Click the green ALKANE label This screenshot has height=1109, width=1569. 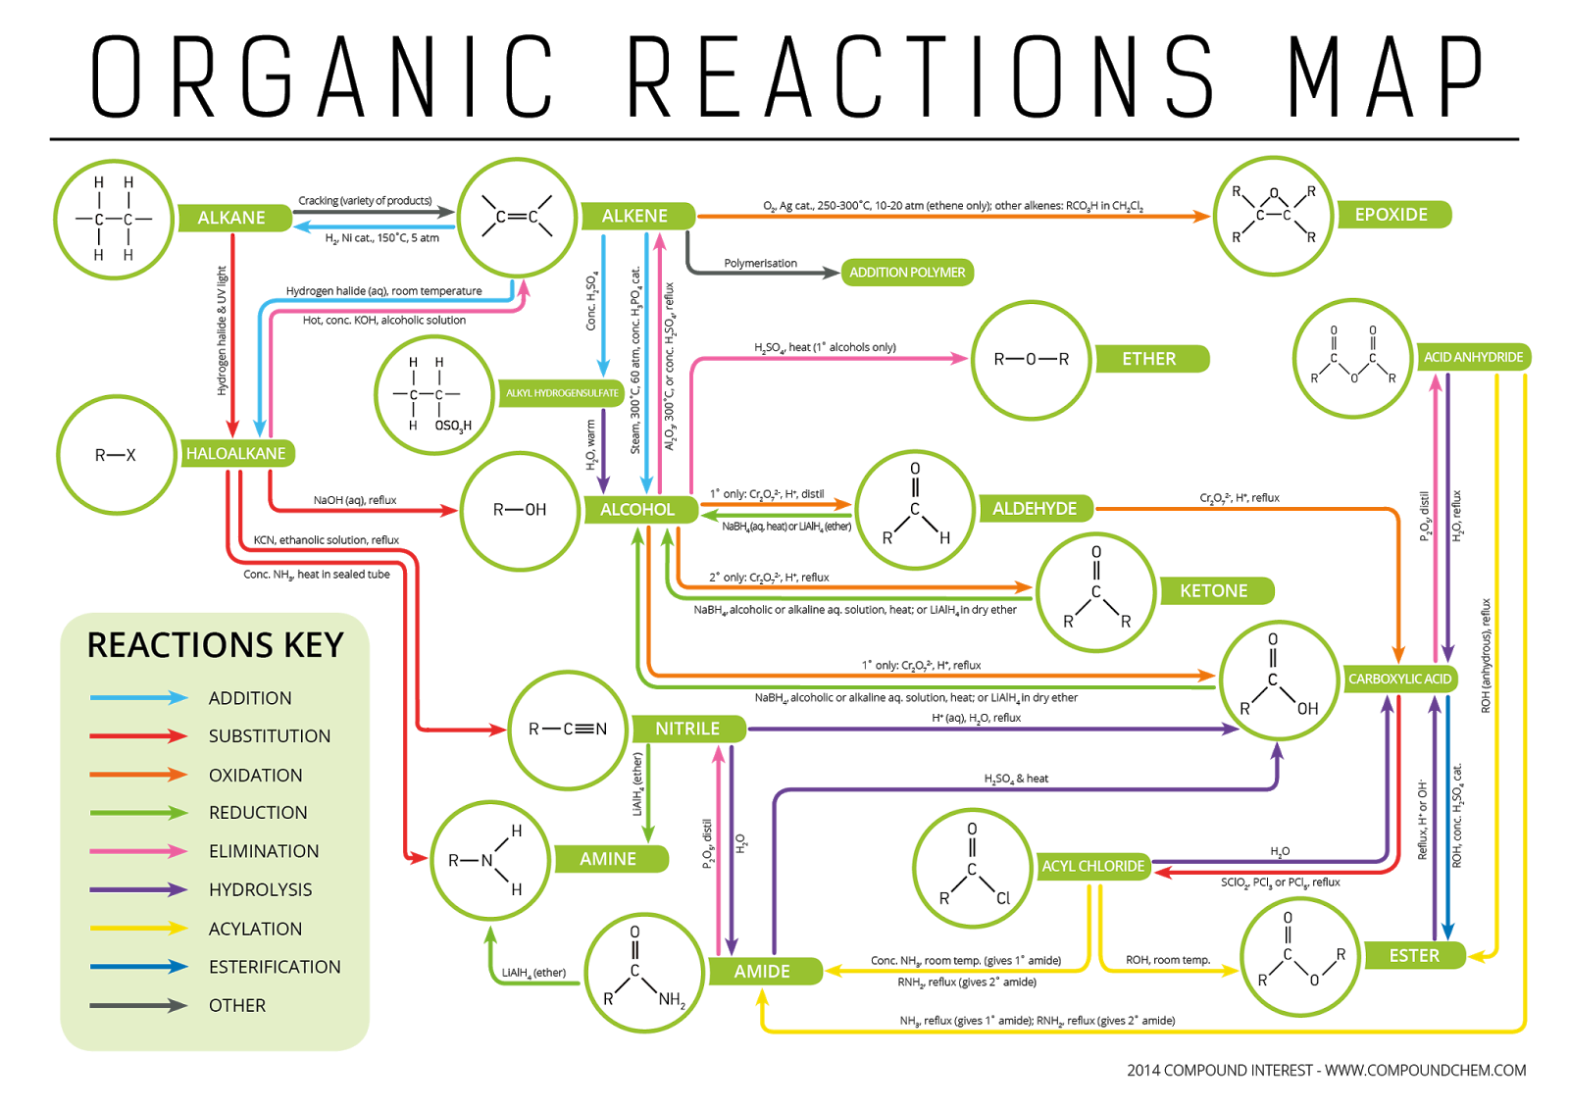[234, 218]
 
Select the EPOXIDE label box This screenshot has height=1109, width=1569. [1393, 215]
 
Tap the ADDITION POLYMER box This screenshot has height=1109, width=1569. [907, 273]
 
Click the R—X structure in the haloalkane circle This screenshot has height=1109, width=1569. [116, 455]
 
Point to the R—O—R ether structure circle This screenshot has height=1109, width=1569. [1031, 360]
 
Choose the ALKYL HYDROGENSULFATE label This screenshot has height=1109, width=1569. [561, 393]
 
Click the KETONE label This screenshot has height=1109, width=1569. [1217, 590]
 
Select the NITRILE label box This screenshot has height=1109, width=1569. [688, 729]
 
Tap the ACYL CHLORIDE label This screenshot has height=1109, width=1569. [1092, 866]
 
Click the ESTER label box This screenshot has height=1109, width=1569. [1414, 956]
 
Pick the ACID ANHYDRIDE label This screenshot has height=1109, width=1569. [1473, 357]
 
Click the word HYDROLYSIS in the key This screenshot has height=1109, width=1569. [261, 889]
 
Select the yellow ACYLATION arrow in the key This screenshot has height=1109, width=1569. [138, 929]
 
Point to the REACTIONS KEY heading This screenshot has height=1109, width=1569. [216, 645]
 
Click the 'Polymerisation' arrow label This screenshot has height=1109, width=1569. [761, 264]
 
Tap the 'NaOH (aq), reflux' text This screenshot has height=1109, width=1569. [355, 500]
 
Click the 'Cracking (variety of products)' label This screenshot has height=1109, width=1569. [365, 201]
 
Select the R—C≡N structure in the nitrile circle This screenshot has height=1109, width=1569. [568, 730]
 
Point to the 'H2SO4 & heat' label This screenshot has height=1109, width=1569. [1016, 779]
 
